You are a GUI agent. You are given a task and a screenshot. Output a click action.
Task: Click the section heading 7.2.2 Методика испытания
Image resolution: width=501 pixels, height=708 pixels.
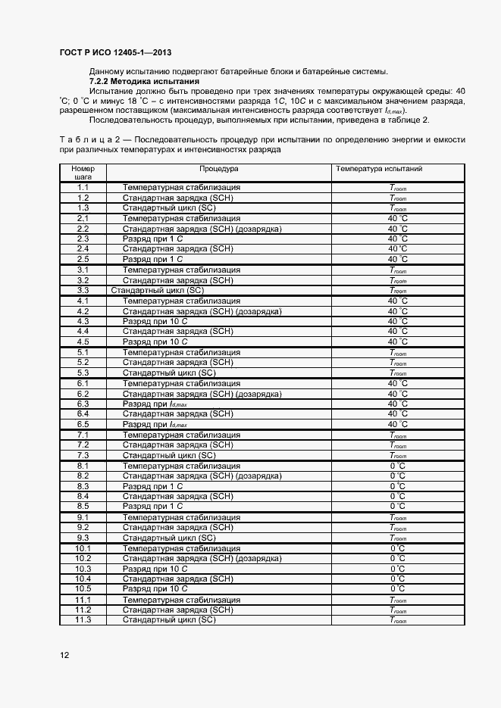[x=144, y=81]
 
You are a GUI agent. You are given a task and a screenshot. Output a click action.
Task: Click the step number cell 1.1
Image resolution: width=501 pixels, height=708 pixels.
[x=83, y=187]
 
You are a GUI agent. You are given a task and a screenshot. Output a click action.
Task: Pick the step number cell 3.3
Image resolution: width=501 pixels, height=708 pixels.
[x=83, y=290]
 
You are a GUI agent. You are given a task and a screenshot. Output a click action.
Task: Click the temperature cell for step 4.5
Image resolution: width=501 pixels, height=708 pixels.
[x=398, y=342]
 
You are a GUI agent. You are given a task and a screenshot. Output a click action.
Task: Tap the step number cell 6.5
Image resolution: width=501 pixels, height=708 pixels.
[x=83, y=424]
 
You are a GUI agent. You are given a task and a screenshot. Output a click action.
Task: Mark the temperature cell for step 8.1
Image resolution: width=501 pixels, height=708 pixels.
[x=398, y=466]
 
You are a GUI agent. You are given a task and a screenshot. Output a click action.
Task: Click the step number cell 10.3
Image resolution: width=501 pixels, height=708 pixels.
[x=83, y=569]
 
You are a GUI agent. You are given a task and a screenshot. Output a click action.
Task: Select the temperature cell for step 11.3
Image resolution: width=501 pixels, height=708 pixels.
[x=398, y=620]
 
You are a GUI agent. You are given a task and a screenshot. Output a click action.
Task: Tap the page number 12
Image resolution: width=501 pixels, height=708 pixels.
[x=64, y=655]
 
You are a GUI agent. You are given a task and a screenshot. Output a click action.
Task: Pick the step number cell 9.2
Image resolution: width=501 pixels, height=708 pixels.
[x=83, y=527]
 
